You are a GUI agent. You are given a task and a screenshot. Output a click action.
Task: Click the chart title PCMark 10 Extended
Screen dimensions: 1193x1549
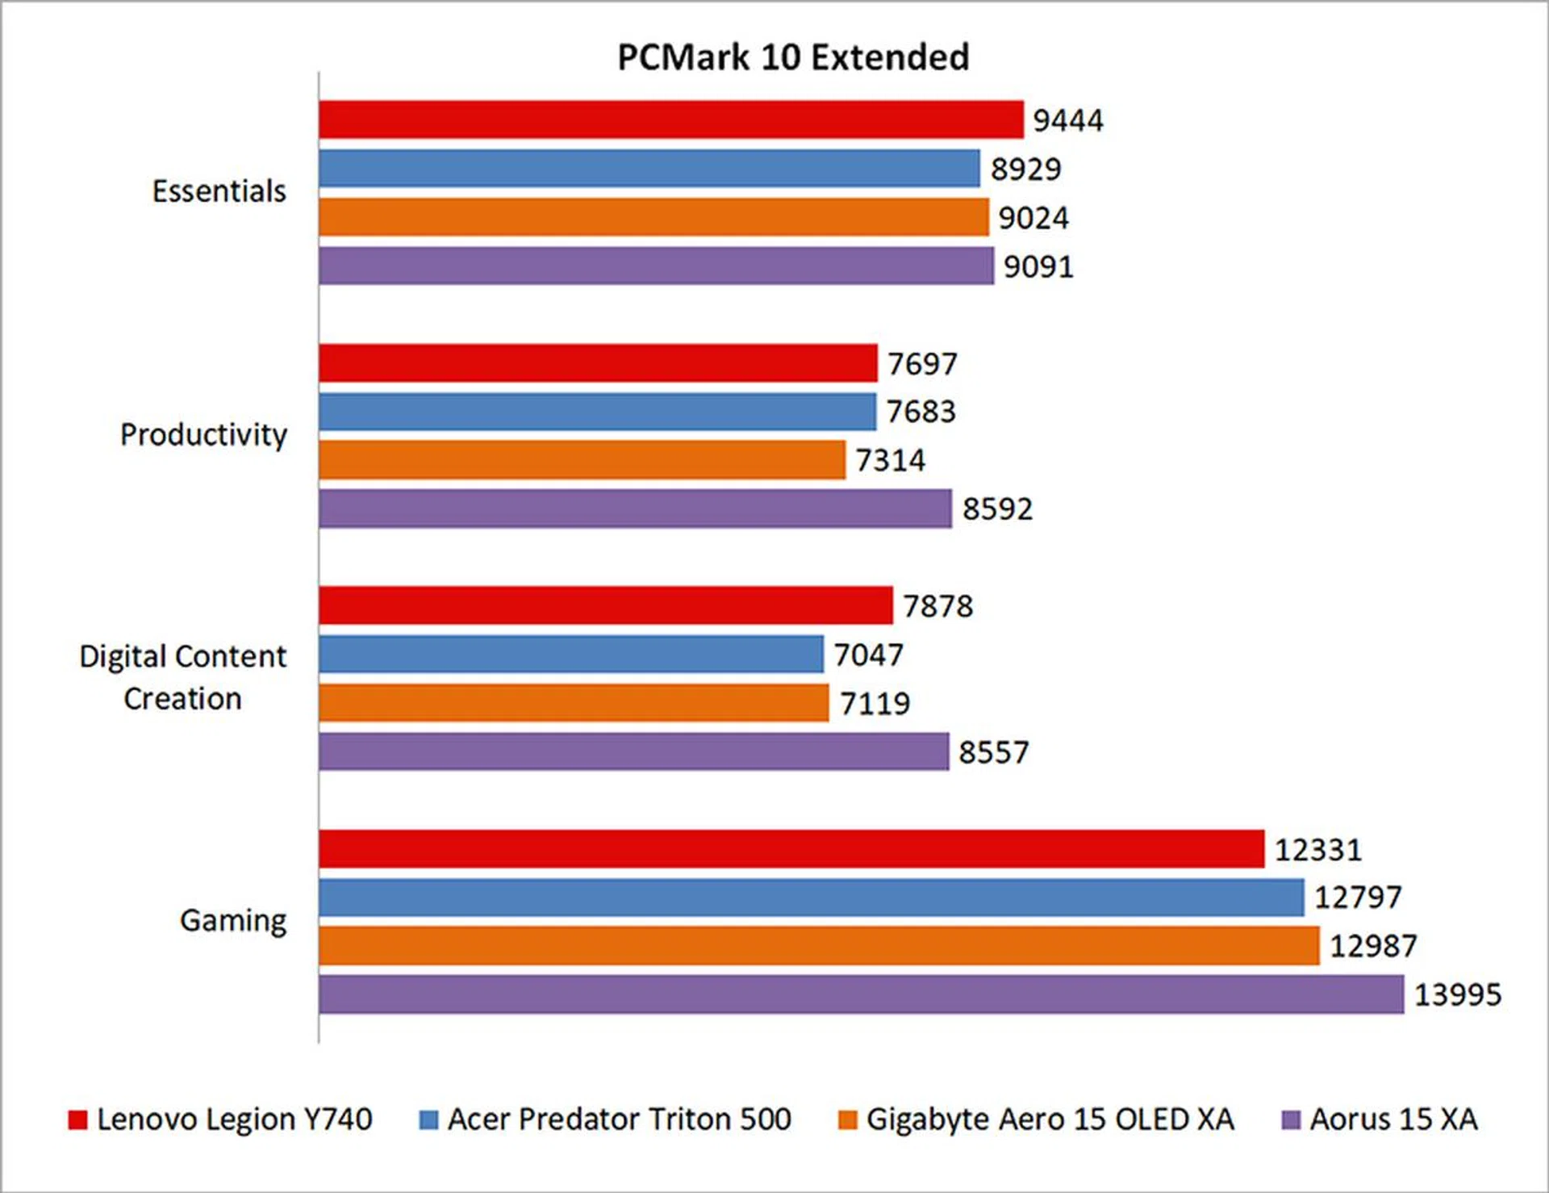(793, 57)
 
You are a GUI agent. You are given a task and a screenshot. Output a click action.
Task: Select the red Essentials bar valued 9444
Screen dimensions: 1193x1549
(670, 119)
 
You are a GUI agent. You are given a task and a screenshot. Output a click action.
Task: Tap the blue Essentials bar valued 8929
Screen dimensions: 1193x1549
(649, 168)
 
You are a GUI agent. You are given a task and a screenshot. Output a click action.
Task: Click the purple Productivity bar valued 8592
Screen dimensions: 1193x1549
(635, 509)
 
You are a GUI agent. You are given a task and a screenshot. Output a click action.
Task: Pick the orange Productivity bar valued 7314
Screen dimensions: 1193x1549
(582, 460)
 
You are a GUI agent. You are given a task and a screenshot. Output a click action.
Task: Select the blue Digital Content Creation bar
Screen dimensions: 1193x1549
(571, 654)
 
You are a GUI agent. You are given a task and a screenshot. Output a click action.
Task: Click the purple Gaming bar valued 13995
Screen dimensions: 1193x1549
(861, 994)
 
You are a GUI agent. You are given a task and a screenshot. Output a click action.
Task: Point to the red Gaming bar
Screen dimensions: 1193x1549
(791, 848)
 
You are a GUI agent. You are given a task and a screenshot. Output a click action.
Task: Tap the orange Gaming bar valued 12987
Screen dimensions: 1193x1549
(819, 945)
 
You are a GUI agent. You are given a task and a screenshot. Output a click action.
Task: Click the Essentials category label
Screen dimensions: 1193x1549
(219, 191)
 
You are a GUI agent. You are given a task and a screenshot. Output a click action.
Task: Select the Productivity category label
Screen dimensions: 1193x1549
(203, 434)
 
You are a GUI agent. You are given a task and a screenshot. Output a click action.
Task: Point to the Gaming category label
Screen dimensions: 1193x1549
(233, 920)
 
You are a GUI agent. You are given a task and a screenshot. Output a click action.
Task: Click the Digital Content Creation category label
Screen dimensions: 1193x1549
(183, 677)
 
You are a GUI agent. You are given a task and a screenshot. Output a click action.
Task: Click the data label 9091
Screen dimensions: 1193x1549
(1038, 266)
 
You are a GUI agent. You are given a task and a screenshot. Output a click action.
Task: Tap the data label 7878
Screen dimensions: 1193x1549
(937, 606)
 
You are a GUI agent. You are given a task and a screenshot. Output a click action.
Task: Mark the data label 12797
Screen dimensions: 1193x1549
(1358, 897)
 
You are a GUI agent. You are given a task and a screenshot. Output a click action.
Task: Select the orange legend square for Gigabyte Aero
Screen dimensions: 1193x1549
(847, 1120)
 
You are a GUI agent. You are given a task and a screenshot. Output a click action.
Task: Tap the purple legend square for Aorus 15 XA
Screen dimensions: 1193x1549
(1291, 1120)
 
